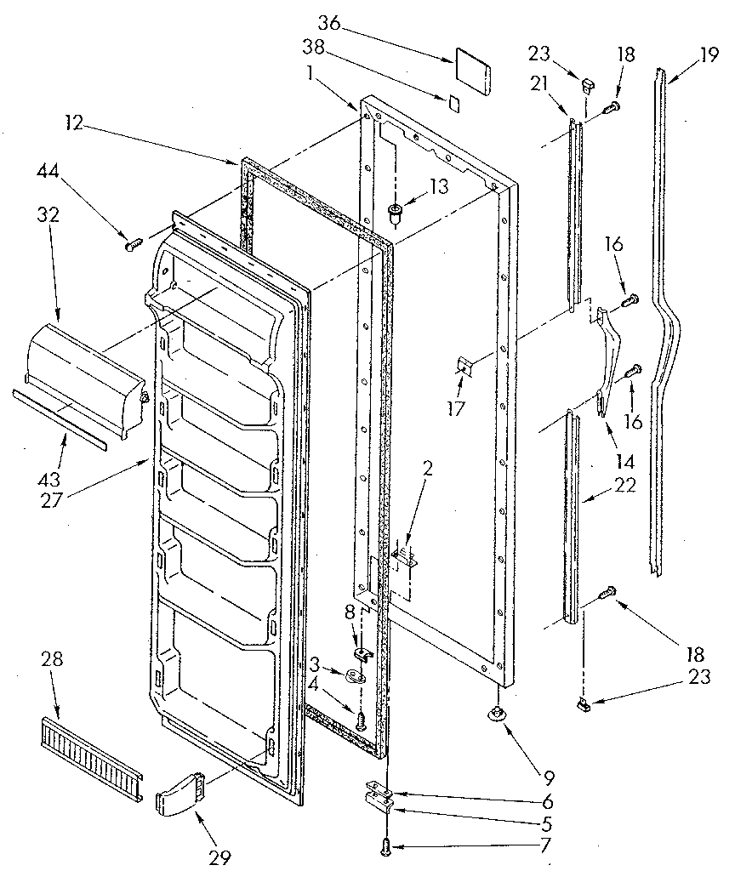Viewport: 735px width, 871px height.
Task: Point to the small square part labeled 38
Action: pyautogui.click(x=454, y=103)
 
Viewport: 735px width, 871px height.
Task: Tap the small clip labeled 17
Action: pyautogui.click(x=463, y=367)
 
